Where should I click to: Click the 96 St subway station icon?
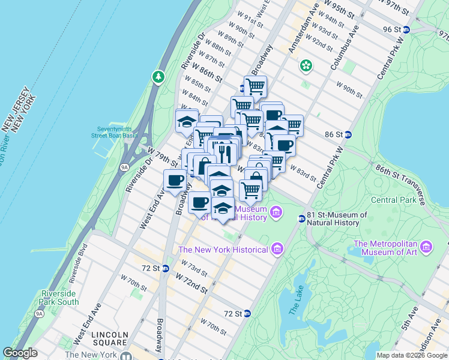[x=406, y=29]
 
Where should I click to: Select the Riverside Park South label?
[x=60, y=298]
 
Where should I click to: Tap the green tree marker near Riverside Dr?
[x=158, y=76]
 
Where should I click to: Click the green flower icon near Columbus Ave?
[x=306, y=65]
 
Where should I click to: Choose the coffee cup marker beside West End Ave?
[x=175, y=181]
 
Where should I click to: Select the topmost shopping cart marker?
[x=255, y=86]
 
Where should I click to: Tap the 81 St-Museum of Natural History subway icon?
[x=301, y=218]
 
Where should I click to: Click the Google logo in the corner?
[x=20, y=353]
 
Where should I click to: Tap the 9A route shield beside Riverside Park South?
[x=40, y=313]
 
